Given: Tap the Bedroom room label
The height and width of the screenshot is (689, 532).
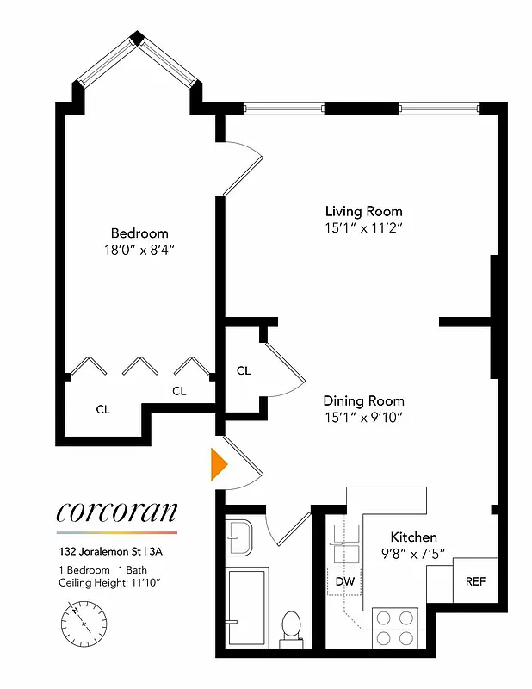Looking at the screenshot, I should click(139, 233).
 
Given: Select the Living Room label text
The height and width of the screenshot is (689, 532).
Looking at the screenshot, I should click(363, 211).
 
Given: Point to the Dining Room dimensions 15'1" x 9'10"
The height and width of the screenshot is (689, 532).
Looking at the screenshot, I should click(363, 418).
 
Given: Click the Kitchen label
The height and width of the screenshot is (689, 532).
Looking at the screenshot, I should click(414, 537).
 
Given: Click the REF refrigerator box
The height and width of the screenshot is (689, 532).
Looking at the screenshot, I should click(475, 581).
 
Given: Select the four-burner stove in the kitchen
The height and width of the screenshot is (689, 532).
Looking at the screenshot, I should click(395, 627).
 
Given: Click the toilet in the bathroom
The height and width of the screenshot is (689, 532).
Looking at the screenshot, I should click(291, 626).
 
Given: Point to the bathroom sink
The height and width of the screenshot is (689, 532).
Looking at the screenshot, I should click(239, 539).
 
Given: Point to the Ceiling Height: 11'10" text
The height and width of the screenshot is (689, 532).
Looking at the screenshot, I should click(111, 585).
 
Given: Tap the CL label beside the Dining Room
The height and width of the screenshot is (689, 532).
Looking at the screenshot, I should click(244, 371).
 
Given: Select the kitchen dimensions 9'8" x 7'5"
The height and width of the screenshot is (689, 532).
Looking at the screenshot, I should click(414, 554).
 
